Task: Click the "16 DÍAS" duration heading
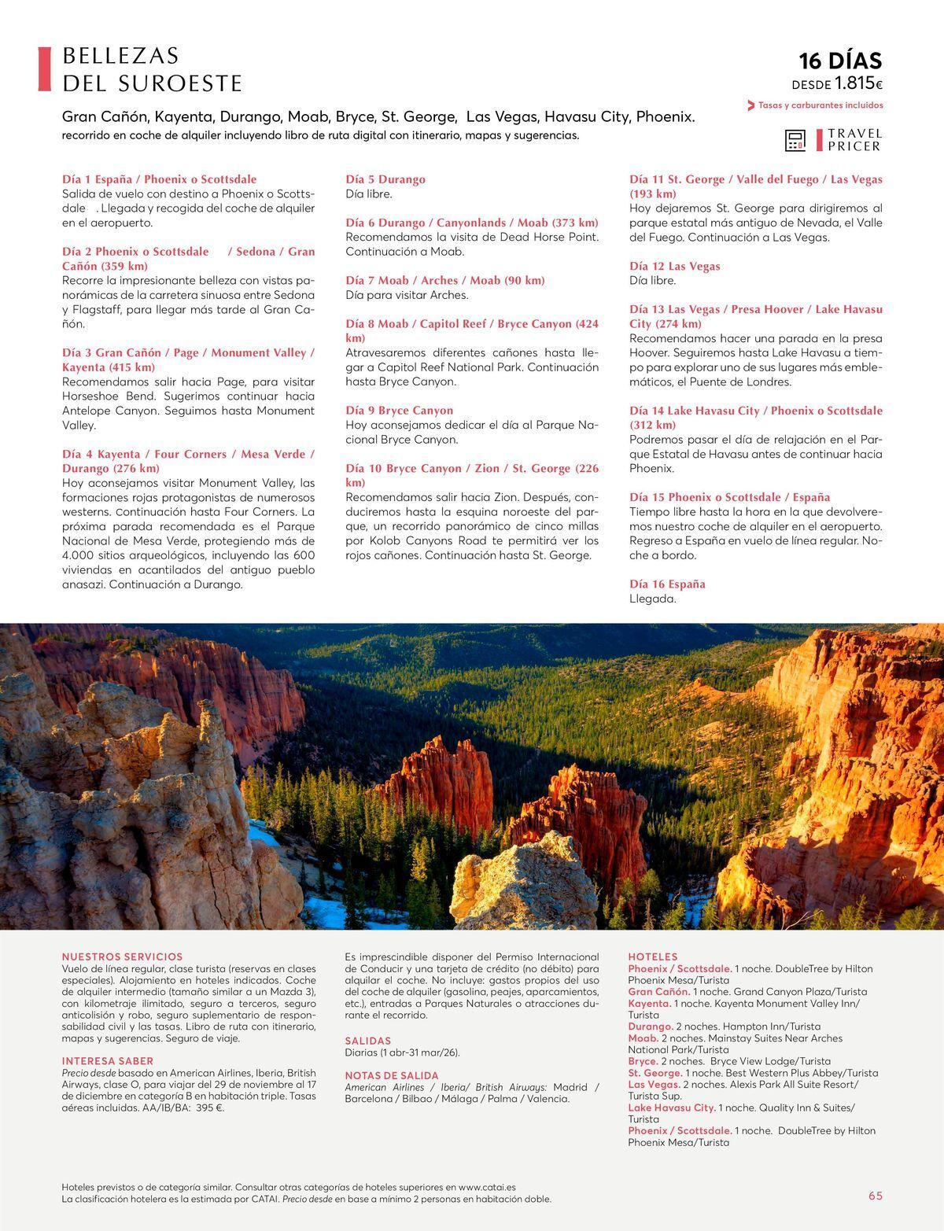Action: tap(839, 61)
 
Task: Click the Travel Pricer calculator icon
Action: tap(795, 141)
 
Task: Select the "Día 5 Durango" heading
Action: tap(385, 179)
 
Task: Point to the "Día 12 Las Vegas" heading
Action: tap(674, 266)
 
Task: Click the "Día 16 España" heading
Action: tap(667, 584)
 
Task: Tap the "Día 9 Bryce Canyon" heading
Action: tap(399, 410)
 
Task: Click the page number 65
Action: tap(875, 1196)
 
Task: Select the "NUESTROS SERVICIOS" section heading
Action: tap(122, 956)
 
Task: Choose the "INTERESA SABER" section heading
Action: tap(108, 1061)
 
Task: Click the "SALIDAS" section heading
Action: tap(367, 1041)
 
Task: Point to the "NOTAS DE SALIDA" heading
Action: tap(391, 1075)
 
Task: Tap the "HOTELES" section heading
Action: tap(652, 956)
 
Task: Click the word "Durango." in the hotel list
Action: tap(650, 1026)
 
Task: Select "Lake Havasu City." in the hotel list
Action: tap(671, 1108)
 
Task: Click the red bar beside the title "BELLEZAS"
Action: tap(44, 68)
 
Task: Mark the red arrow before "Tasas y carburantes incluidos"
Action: tap(750, 105)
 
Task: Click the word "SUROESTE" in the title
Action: tap(181, 83)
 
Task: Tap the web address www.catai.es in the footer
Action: tap(486, 1187)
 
